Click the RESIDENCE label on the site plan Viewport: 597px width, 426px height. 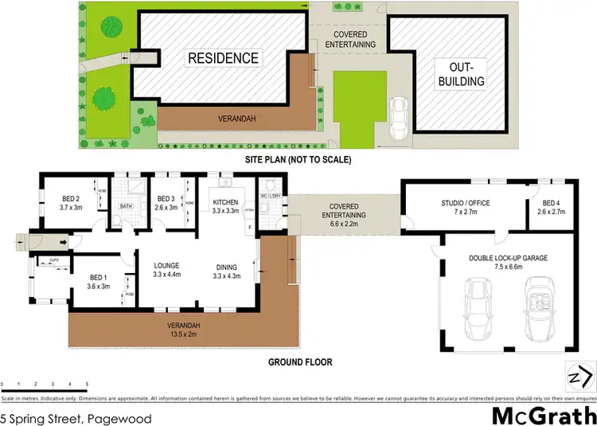click(223, 58)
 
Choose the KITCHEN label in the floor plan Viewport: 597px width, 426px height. click(226, 203)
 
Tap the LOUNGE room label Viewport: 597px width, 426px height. click(167, 266)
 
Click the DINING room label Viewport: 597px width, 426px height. click(227, 267)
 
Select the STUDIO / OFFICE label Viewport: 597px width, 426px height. click(466, 203)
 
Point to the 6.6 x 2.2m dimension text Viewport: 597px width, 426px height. click(343, 225)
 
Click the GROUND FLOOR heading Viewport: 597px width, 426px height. click(300, 362)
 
